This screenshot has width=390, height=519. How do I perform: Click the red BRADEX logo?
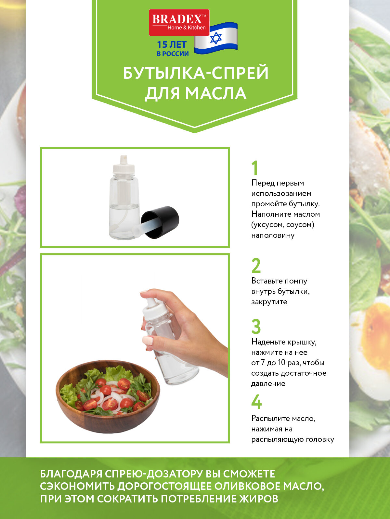pyautogui.click(x=179, y=22)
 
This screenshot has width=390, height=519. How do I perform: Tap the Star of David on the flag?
pyautogui.click(x=216, y=38)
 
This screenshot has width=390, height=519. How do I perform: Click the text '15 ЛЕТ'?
pyautogui.click(x=172, y=44)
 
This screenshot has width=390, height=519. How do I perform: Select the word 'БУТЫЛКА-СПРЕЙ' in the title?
pyautogui.click(x=196, y=73)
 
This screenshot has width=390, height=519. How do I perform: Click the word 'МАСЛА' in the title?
pyautogui.click(x=216, y=93)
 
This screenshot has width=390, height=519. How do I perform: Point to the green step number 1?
pyautogui.click(x=254, y=168)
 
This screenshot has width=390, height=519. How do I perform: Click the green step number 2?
pyautogui.click(x=256, y=266)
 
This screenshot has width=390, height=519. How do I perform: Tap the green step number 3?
pyautogui.click(x=256, y=327)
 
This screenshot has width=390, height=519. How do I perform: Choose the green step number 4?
pyautogui.click(x=256, y=402)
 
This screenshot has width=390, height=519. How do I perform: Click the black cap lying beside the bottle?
pyautogui.click(x=160, y=222)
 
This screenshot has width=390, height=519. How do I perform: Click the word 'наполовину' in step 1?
pyautogui.click(x=273, y=235)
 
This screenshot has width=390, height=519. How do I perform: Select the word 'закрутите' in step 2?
pyautogui.click(x=269, y=302)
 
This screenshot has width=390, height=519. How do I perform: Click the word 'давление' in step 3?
pyautogui.click(x=268, y=383)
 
